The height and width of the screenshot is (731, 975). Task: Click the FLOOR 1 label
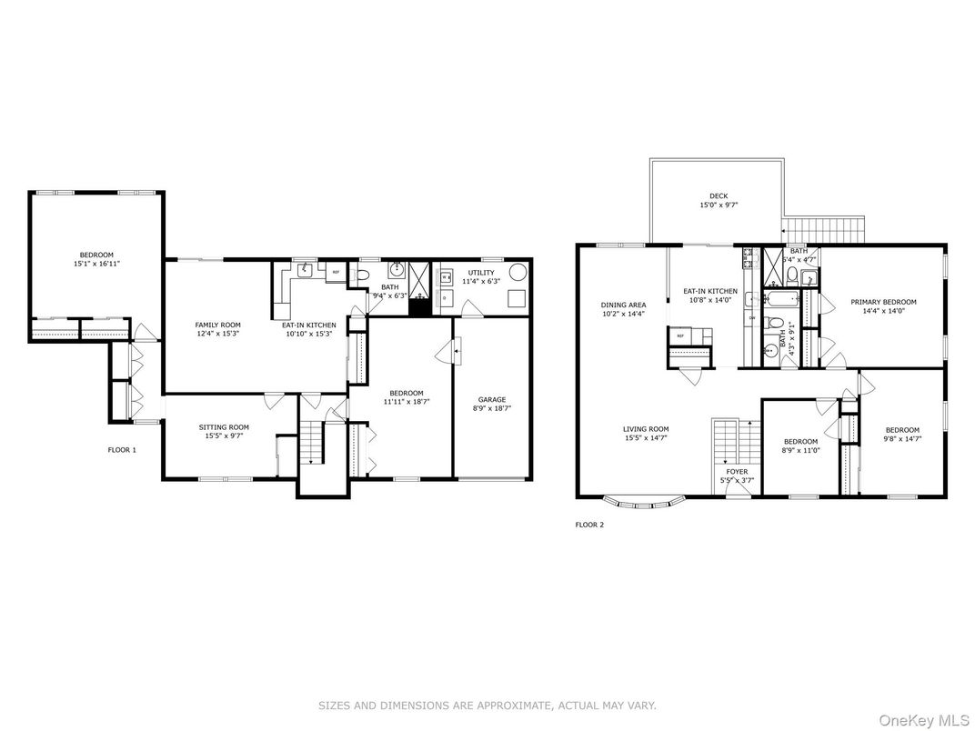click(122, 450)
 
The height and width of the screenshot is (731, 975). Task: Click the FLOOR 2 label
click(589, 525)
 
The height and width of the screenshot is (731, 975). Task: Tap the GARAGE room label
click(492, 400)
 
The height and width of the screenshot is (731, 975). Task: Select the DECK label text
click(719, 195)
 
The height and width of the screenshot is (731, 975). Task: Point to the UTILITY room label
click(481, 272)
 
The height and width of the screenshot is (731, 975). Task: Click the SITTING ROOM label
click(224, 426)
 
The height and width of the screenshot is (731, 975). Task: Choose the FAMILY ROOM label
click(217, 325)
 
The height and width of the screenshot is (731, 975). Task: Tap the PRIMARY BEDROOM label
click(883, 302)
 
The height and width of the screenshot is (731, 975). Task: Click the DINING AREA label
click(622, 305)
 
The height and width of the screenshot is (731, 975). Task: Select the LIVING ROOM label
click(646, 429)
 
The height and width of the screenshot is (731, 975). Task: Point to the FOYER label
click(737, 472)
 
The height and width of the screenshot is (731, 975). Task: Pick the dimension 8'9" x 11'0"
click(801, 450)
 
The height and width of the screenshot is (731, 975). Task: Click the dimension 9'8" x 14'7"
click(902, 439)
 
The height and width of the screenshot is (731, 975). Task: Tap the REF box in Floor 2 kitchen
click(678, 336)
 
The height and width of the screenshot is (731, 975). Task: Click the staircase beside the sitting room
click(311, 443)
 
